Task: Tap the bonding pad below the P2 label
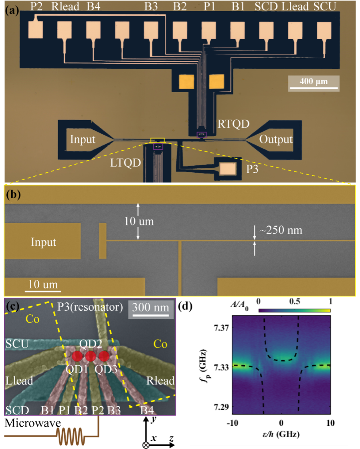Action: [x=36, y=29]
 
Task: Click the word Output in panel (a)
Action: [x=276, y=139]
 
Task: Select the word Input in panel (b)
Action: [x=44, y=242]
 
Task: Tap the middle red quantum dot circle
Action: [x=91, y=356]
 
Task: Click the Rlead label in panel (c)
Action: [x=160, y=381]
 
